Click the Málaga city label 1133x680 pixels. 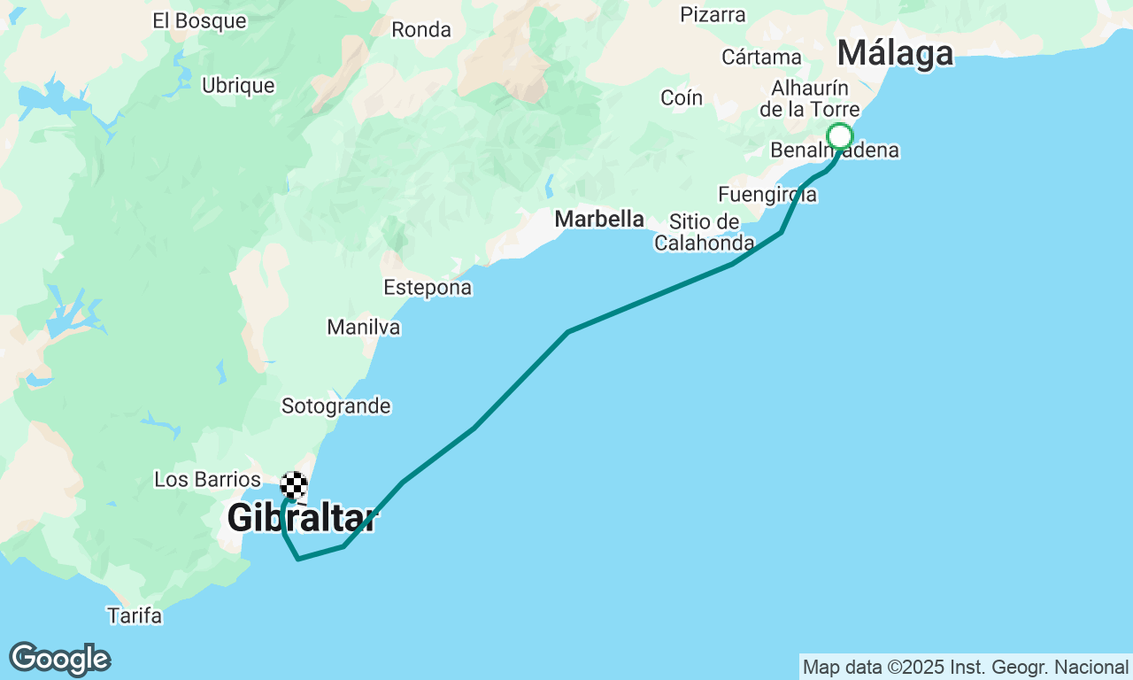(x=895, y=53)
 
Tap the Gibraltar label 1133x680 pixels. (x=302, y=518)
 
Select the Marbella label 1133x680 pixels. (x=599, y=219)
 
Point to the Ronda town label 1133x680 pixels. (x=421, y=29)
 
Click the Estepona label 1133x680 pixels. (x=428, y=288)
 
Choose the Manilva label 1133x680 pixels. (x=364, y=328)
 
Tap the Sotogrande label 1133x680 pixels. (x=336, y=406)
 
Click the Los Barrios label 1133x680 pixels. (x=207, y=479)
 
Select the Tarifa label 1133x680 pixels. (x=135, y=615)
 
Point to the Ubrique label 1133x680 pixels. (x=238, y=86)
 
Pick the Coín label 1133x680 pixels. (x=682, y=98)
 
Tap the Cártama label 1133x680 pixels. (x=761, y=58)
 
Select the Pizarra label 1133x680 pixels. (x=713, y=14)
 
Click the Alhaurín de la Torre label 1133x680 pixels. (x=810, y=98)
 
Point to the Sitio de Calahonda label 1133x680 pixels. (x=705, y=232)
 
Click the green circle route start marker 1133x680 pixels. (x=840, y=136)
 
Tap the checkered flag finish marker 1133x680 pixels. (x=294, y=485)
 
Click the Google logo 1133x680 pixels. (x=59, y=659)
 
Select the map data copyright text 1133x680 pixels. (x=966, y=667)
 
